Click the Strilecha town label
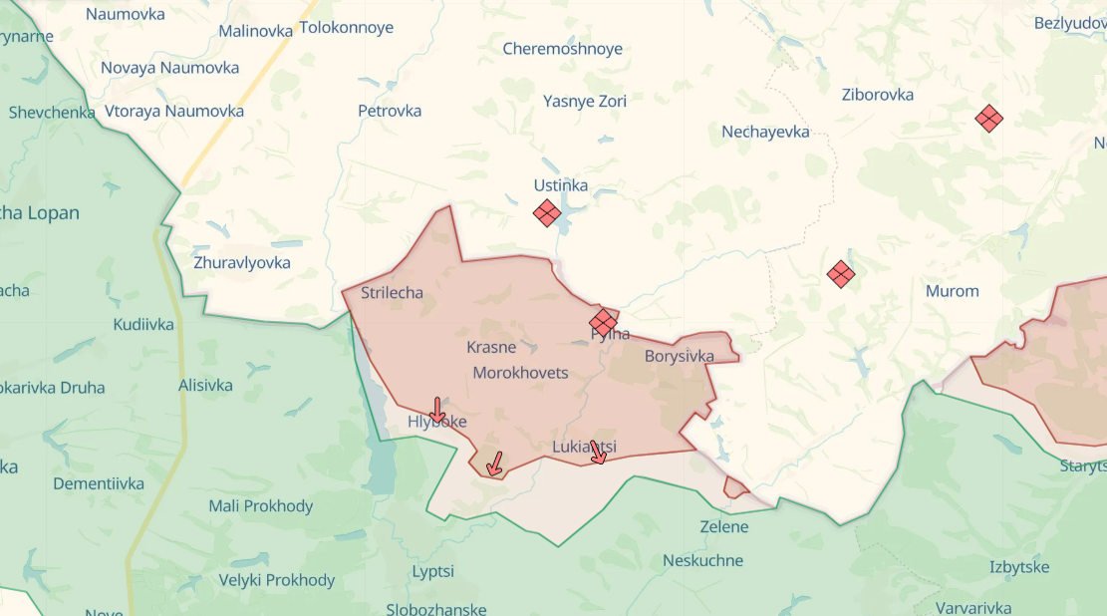392,292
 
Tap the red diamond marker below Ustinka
546,212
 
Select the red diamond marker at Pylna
603,322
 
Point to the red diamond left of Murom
841,274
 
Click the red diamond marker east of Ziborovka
988,119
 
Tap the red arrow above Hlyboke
436,409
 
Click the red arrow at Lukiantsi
598,452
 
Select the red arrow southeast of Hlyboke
493,463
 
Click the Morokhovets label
520,373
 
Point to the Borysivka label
680,356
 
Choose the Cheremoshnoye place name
562,49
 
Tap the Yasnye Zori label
584,101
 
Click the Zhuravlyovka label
242,262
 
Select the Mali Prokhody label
260,505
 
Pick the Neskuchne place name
702,560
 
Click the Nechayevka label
765,132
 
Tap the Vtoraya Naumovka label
174,111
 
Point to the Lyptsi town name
433,571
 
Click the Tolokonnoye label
346,28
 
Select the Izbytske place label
1018,567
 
